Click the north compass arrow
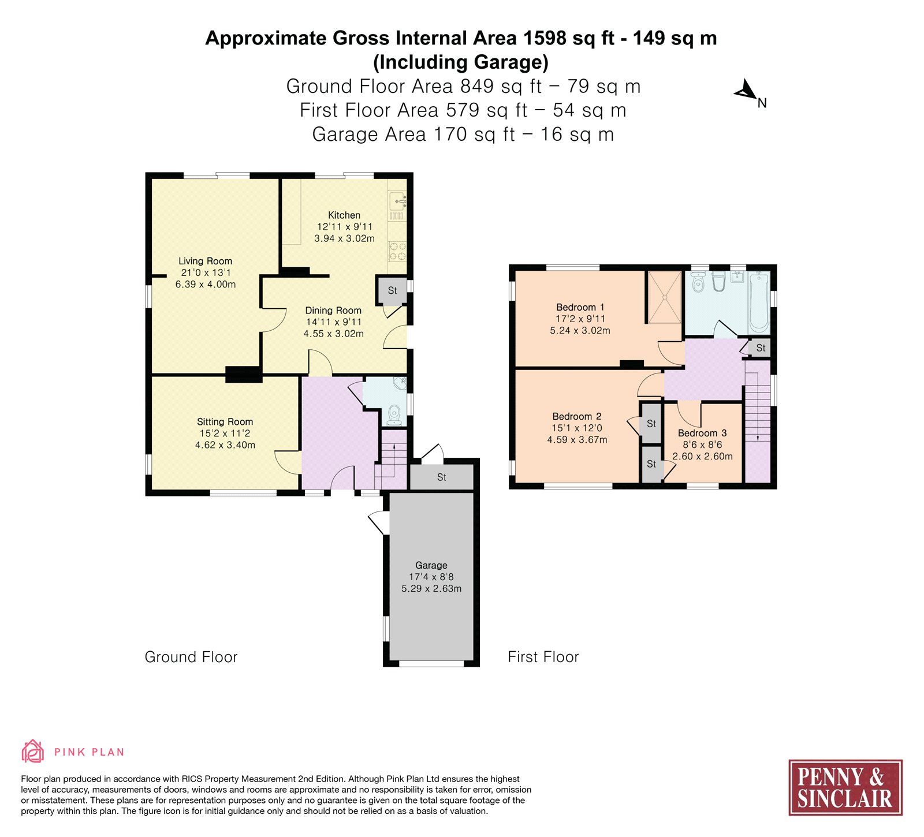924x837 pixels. coord(746,91)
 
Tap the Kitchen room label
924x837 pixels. coord(344,215)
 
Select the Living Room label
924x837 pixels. coord(205,261)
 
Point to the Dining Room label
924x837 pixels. coord(333,311)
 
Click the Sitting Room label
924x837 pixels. coord(225,422)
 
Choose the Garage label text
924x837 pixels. coord(431,566)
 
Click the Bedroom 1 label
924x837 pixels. coord(580,307)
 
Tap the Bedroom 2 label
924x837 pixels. coord(577,416)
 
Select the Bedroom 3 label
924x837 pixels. coord(702,433)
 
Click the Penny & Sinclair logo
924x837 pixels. coord(845,787)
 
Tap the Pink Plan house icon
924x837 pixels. coord(33,751)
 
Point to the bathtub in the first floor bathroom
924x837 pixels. coord(759,302)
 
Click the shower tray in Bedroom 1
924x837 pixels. coord(665,297)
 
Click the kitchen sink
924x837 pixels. coord(398,201)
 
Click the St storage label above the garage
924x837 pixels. coord(442,477)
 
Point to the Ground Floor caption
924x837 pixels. coord(191,657)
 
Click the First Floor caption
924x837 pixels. coord(543,657)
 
